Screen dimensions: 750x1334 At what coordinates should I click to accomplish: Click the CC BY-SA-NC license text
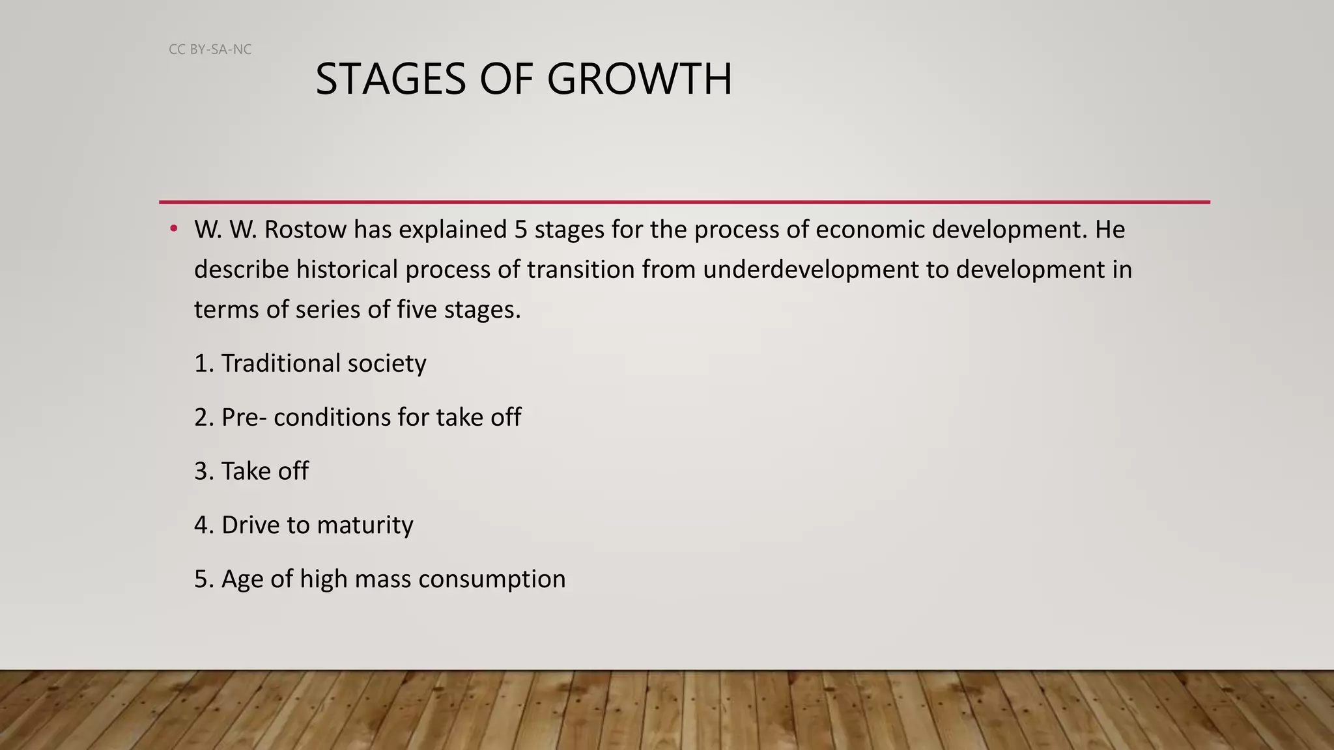pos(210,49)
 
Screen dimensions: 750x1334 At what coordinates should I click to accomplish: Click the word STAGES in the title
pos(390,79)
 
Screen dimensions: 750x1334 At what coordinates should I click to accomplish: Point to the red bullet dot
pos(173,229)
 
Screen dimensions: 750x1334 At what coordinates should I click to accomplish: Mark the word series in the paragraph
pos(328,309)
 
